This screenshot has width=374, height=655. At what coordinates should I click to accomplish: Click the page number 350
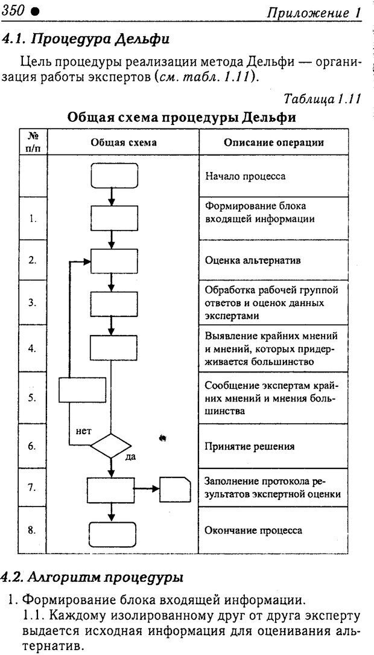[13, 10]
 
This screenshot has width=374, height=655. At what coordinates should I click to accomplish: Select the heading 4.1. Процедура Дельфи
[85, 40]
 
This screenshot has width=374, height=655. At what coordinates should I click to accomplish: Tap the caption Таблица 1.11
[322, 98]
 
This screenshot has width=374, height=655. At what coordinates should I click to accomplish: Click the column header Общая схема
[123, 143]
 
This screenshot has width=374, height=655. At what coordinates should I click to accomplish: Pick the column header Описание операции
[273, 143]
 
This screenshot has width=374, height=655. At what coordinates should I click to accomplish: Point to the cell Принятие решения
[249, 447]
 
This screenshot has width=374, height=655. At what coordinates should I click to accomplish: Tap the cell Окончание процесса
[253, 531]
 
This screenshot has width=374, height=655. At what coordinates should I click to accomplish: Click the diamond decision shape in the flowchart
[112, 447]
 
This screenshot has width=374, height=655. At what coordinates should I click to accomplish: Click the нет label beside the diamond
[83, 432]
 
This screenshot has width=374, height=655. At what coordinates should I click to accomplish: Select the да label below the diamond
[130, 457]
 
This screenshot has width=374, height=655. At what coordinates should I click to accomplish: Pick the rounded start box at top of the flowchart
[112, 176]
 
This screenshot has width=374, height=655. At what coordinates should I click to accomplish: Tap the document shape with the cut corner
[175, 488]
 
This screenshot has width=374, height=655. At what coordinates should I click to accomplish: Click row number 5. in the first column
[33, 398]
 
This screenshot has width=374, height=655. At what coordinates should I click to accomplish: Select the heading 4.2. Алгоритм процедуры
[92, 577]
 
